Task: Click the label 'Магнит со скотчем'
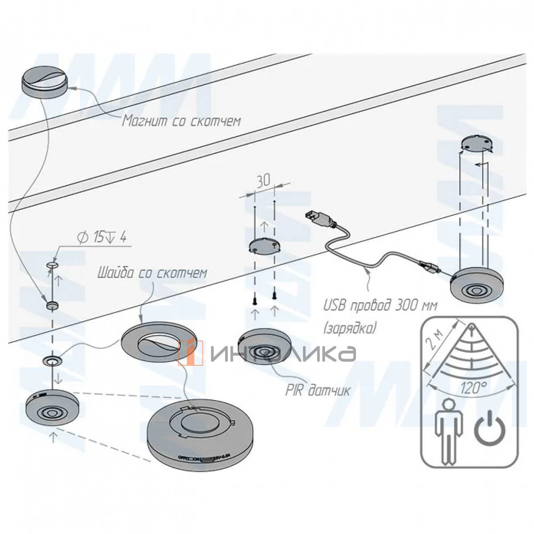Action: (x=182, y=121)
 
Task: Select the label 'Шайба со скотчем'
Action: (x=152, y=272)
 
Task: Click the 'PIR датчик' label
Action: (x=317, y=390)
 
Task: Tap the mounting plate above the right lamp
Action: (x=477, y=143)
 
